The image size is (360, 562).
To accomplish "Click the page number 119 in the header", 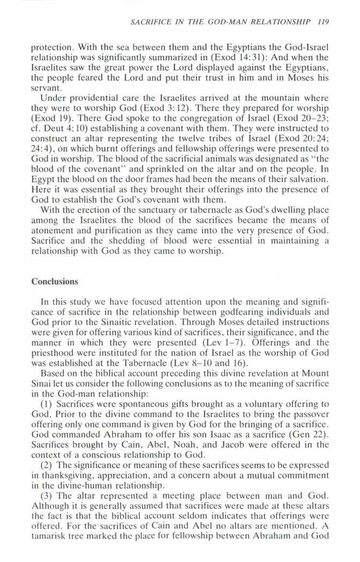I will click(x=322, y=22).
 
